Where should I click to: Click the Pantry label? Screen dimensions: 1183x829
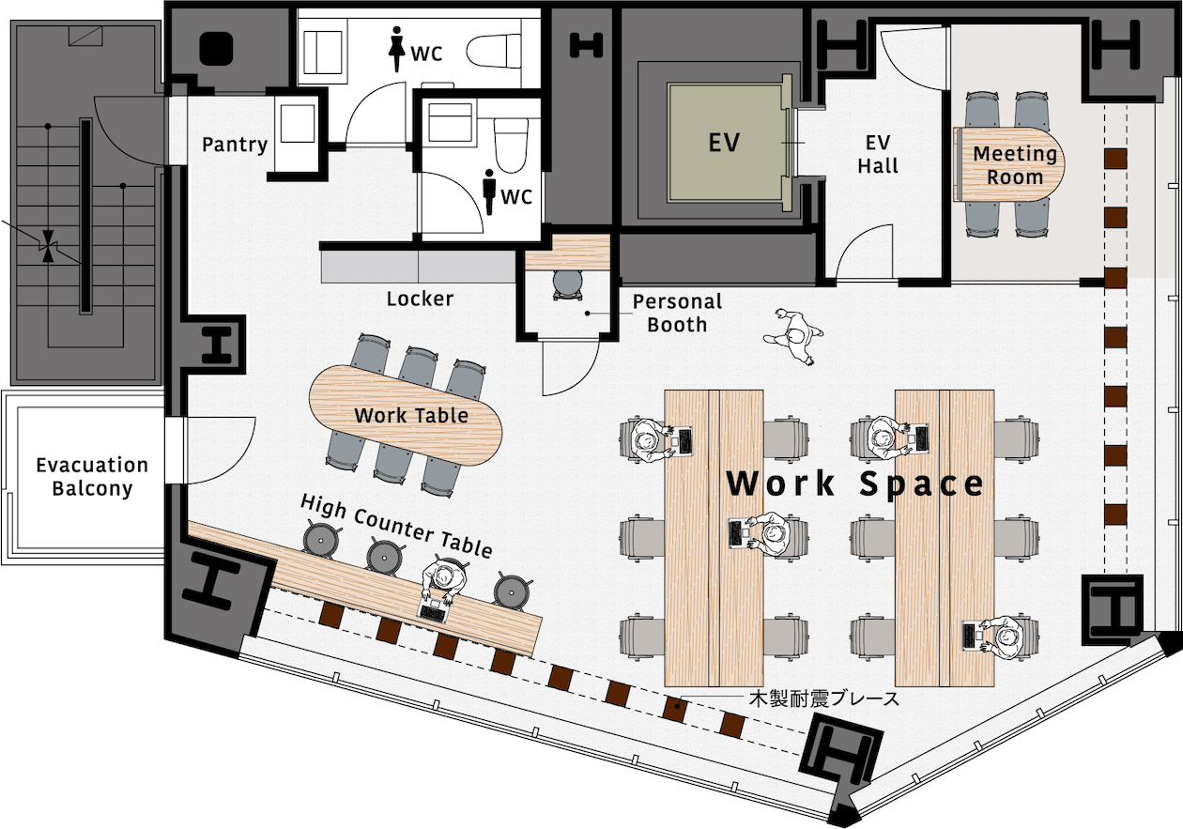tap(235, 145)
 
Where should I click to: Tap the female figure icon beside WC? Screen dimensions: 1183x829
tap(396, 49)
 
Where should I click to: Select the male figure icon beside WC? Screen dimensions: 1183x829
tap(489, 192)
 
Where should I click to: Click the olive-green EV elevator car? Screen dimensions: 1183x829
tap(724, 142)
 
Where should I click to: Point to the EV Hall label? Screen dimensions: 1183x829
tap(878, 154)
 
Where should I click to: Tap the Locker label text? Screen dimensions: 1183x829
tap(420, 299)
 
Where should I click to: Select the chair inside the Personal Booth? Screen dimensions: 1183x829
tap(568, 285)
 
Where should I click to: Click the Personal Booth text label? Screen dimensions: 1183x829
tap(677, 313)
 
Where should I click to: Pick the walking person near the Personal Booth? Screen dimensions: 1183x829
tap(793, 335)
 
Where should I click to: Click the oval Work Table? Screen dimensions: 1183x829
tap(406, 415)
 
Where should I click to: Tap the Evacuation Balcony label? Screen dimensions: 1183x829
tap(92, 477)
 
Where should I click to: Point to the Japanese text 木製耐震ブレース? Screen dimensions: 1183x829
tap(824, 699)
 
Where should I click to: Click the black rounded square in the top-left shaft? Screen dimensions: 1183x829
tap(217, 48)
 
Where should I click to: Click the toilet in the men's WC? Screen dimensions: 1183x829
tap(511, 146)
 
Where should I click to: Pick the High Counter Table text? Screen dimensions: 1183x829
tap(396, 526)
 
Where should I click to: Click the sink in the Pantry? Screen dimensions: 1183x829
tap(298, 123)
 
